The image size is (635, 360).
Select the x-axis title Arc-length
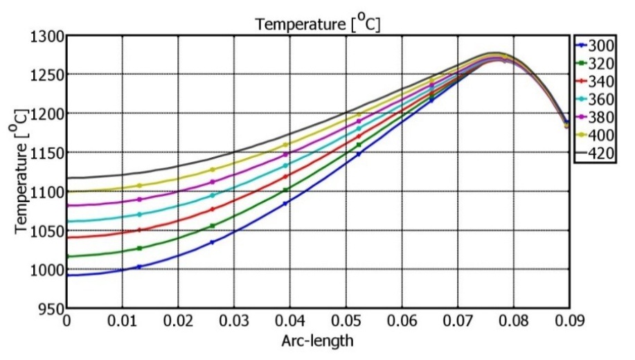[317, 341]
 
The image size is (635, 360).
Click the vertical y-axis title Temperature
[21, 170]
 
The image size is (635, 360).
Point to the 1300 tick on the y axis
[48, 37]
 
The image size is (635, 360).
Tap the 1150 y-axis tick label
[48, 153]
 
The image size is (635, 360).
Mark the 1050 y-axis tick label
[48, 231]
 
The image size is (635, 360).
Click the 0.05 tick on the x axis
[345, 322]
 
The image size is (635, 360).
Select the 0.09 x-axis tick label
[568, 322]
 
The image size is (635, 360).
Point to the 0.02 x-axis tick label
[178, 322]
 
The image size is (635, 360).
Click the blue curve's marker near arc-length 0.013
[139, 267]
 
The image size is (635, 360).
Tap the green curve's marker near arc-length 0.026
[212, 226]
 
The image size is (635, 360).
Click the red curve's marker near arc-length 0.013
[139, 230]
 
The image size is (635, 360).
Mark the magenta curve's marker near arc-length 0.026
[212, 182]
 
